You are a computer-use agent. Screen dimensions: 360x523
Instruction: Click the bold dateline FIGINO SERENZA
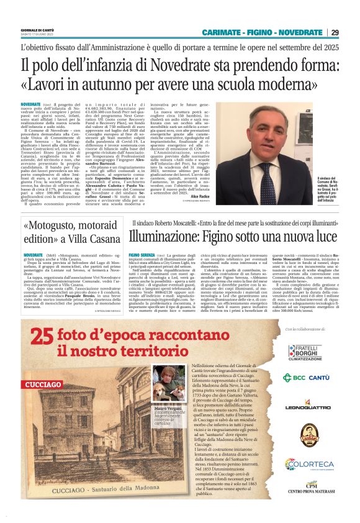(142, 255)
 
